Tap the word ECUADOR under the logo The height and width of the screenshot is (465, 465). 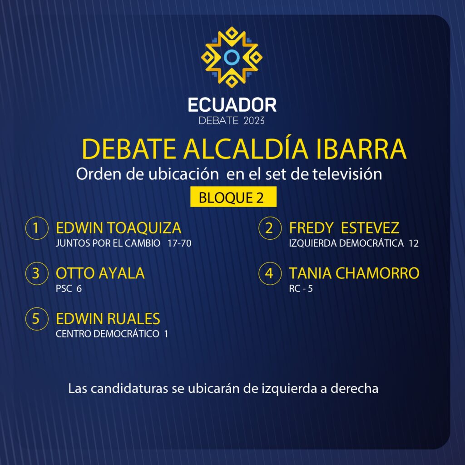(x=232, y=105)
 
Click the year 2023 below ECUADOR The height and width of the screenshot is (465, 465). (x=254, y=121)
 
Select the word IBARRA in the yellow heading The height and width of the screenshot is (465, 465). (x=361, y=149)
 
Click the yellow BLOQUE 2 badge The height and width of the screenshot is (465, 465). (x=233, y=197)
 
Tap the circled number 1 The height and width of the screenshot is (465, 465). (x=37, y=228)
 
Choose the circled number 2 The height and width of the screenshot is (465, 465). (x=270, y=228)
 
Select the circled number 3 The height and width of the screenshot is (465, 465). (x=37, y=273)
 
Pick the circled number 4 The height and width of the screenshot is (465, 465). (x=270, y=273)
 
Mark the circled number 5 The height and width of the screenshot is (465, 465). (x=37, y=319)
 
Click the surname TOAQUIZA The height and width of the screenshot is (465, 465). (x=144, y=228)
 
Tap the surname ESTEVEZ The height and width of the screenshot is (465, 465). (x=370, y=228)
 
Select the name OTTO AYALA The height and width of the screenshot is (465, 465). (x=100, y=273)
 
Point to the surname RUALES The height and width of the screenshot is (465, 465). (x=134, y=319)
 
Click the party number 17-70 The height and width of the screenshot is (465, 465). (x=179, y=243)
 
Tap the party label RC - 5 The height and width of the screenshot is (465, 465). (x=301, y=289)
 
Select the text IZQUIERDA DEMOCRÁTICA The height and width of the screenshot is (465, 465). (x=346, y=243)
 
